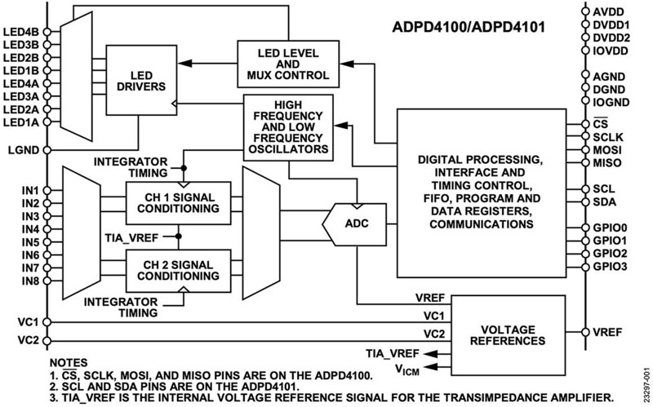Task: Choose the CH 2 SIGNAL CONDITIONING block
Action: pos(173,268)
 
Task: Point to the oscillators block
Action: pos(290,129)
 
